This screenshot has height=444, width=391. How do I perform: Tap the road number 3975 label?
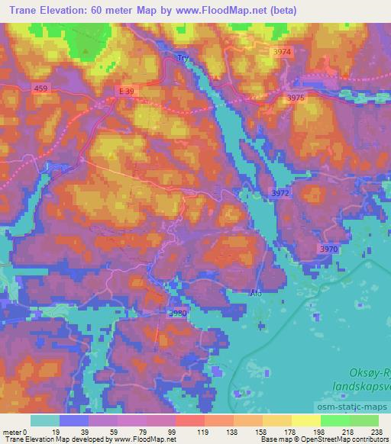[x=296, y=98]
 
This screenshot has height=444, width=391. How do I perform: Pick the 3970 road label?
[x=328, y=249]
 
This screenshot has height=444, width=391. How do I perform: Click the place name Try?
[x=182, y=57]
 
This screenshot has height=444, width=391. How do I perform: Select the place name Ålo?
[x=255, y=291]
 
